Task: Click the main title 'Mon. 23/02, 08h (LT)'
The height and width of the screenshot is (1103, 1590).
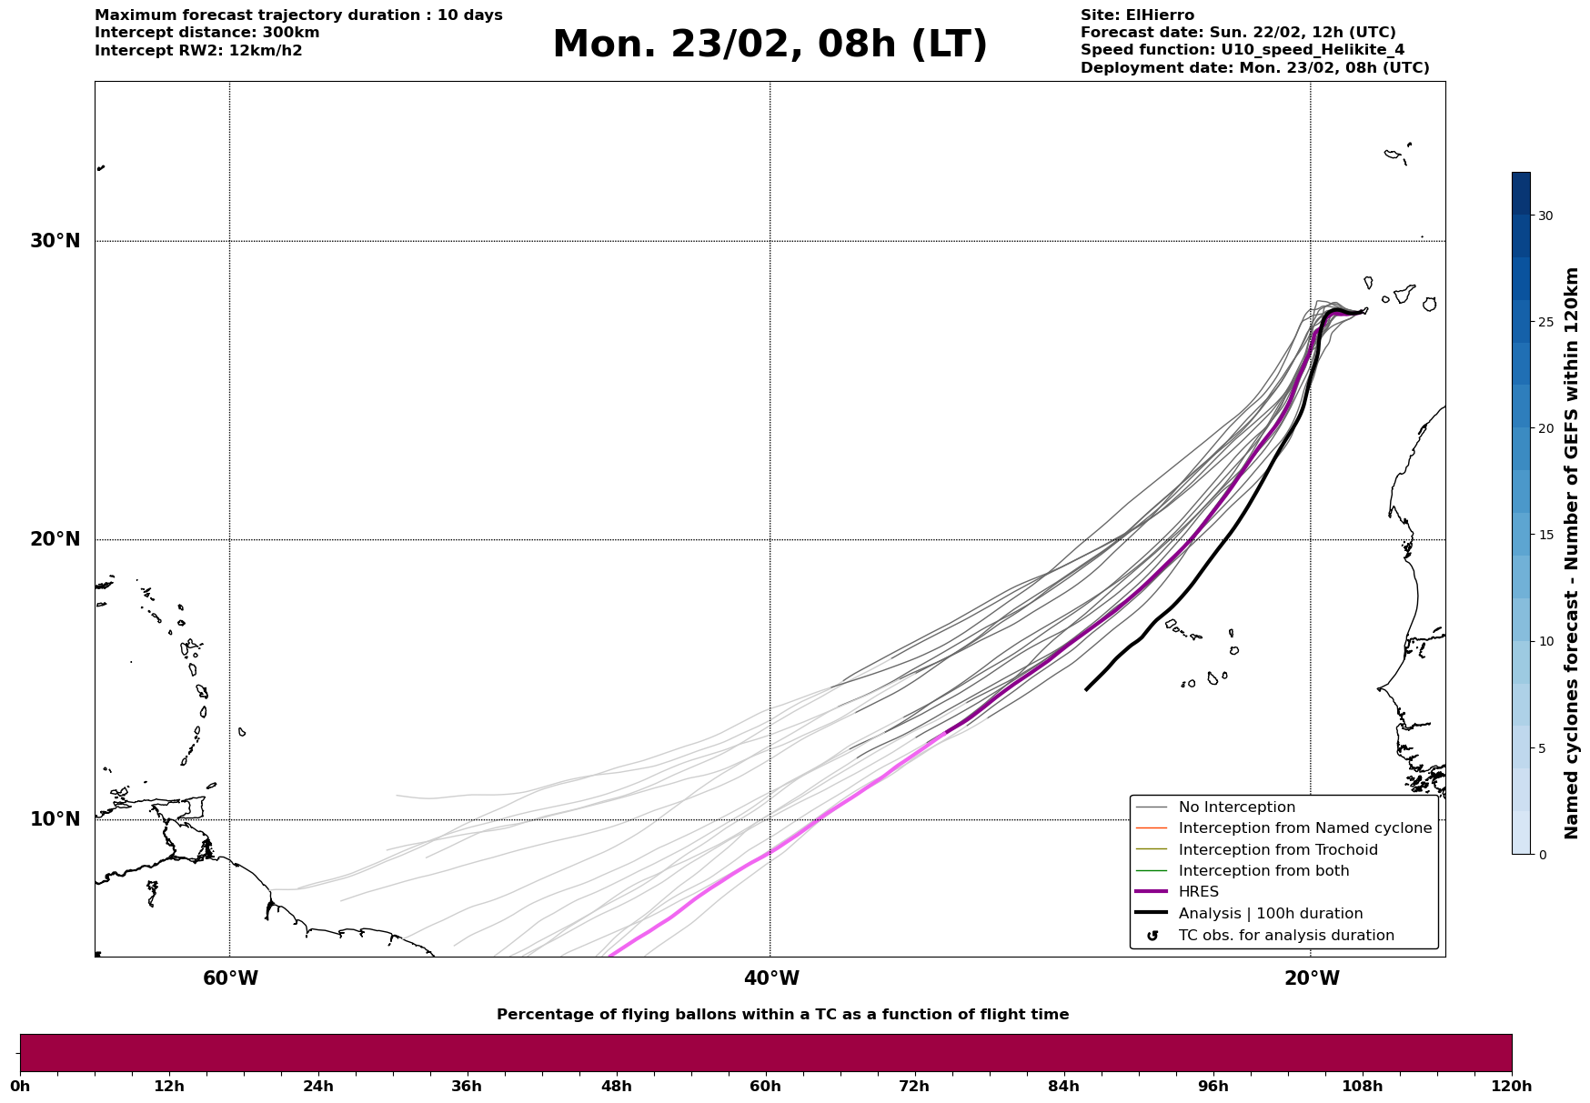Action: pyautogui.click(x=770, y=45)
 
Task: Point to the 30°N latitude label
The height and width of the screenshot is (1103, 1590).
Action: pyautogui.click(x=55, y=241)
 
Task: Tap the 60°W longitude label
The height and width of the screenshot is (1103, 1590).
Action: pyautogui.click(x=230, y=978)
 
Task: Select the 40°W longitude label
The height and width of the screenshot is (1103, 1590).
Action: pyautogui.click(x=771, y=978)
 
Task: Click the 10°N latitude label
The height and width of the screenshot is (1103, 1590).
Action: pyautogui.click(x=55, y=819)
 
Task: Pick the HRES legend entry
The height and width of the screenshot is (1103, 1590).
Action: pyautogui.click(x=1198, y=892)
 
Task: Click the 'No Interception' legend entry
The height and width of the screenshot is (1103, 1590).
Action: pyautogui.click(x=1236, y=807)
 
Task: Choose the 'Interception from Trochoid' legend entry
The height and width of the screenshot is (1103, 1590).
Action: pyautogui.click(x=1277, y=850)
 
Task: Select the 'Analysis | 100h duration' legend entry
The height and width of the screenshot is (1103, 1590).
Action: pyautogui.click(x=1270, y=914)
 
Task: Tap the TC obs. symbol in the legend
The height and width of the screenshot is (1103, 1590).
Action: pyautogui.click(x=1152, y=936)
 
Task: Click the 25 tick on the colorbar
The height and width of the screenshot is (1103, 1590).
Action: pyautogui.click(x=1545, y=322)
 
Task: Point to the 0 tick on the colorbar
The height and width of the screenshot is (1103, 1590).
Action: pyautogui.click(x=1541, y=855)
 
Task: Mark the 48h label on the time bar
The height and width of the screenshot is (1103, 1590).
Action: pyautogui.click(x=616, y=1086)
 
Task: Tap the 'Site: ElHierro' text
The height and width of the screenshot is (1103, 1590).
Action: pyautogui.click(x=1137, y=15)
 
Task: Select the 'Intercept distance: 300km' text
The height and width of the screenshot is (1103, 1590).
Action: pyautogui.click(x=206, y=33)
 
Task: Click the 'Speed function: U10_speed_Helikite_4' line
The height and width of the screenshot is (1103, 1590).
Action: pyautogui.click(x=1242, y=50)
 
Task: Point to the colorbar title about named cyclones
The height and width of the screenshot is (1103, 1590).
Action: pyautogui.click(x=1571, y=553)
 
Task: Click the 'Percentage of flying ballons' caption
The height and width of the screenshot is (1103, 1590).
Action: pyautogui.click(x=782, y=1015)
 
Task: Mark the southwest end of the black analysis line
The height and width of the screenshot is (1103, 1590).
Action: pyautogui.click(x=1086, y=689)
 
